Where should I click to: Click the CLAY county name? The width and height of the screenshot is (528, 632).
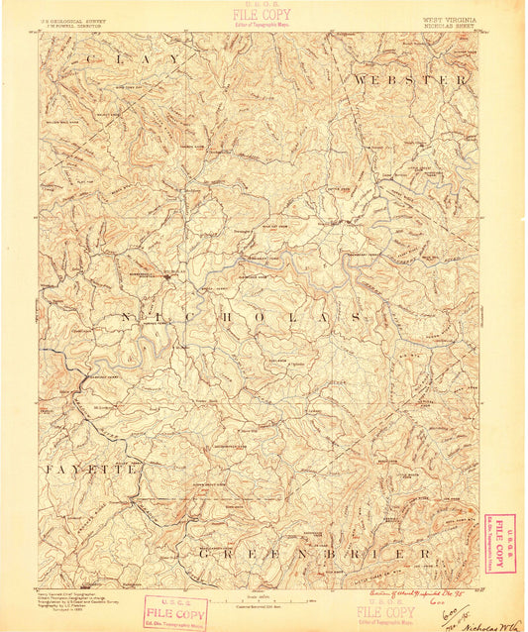click(134, 60)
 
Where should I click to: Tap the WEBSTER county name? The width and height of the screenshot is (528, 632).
click(409, 78)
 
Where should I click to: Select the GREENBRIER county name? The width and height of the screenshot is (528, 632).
click(315, 553)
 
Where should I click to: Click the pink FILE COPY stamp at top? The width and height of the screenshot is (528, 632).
click(262, 15)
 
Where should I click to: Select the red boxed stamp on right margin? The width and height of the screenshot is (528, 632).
click(500, 542)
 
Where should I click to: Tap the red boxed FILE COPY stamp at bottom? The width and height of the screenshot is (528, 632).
click(176, 611)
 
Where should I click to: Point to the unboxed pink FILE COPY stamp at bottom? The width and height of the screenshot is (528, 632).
click(384, 613)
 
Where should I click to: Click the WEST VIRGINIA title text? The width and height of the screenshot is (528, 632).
click(449, 19)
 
